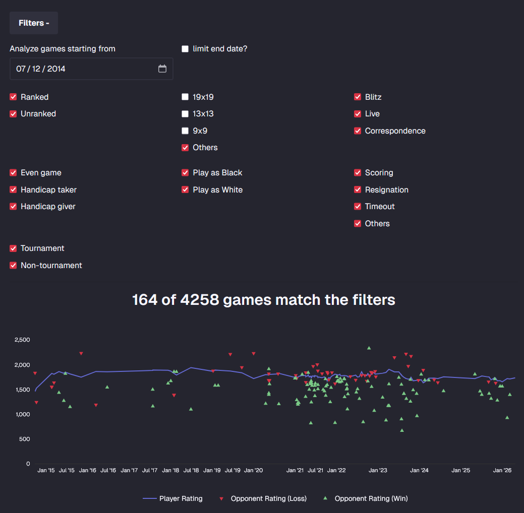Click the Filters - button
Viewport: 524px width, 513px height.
pos(34,23)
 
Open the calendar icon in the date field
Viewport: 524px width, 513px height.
pos(162,69)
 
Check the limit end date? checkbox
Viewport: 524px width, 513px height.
pos(185,49)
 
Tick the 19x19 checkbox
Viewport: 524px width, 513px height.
pos(185,97)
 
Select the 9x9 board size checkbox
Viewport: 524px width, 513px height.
pos(185,131)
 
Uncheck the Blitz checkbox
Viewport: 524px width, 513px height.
pos(358,97)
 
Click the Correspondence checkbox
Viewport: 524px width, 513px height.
pos(358,131)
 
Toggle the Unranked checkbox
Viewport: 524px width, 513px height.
pos(13,114)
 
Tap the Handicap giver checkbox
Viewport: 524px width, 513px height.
pos(13,207)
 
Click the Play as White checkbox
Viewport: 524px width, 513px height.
pos(185,190)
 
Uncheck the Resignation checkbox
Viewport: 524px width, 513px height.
pos(358,190)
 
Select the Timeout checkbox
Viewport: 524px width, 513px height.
pos(358,207)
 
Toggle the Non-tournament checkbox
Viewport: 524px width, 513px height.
pos(13,266)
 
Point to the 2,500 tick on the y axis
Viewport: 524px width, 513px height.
pos(22,340)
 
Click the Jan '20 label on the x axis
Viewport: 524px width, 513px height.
pos(253,471)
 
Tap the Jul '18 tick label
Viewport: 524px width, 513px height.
pos(191,471)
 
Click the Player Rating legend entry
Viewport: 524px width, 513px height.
pos(172,499)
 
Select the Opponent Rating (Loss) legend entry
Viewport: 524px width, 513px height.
pos(263,499)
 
